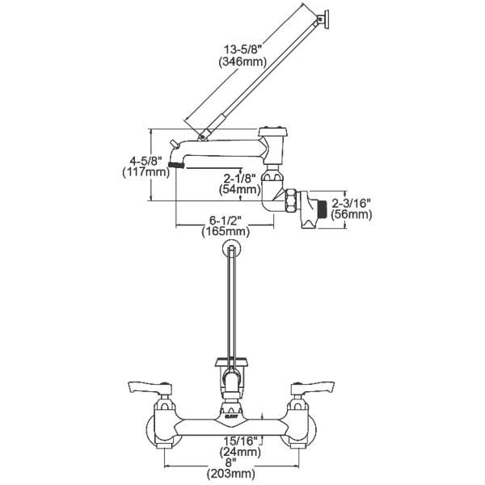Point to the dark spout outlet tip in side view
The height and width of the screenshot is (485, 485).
pyautogui.click(x=176, y=165)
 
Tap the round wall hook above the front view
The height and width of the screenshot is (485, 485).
pyautogui.click(x=234, y=249)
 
